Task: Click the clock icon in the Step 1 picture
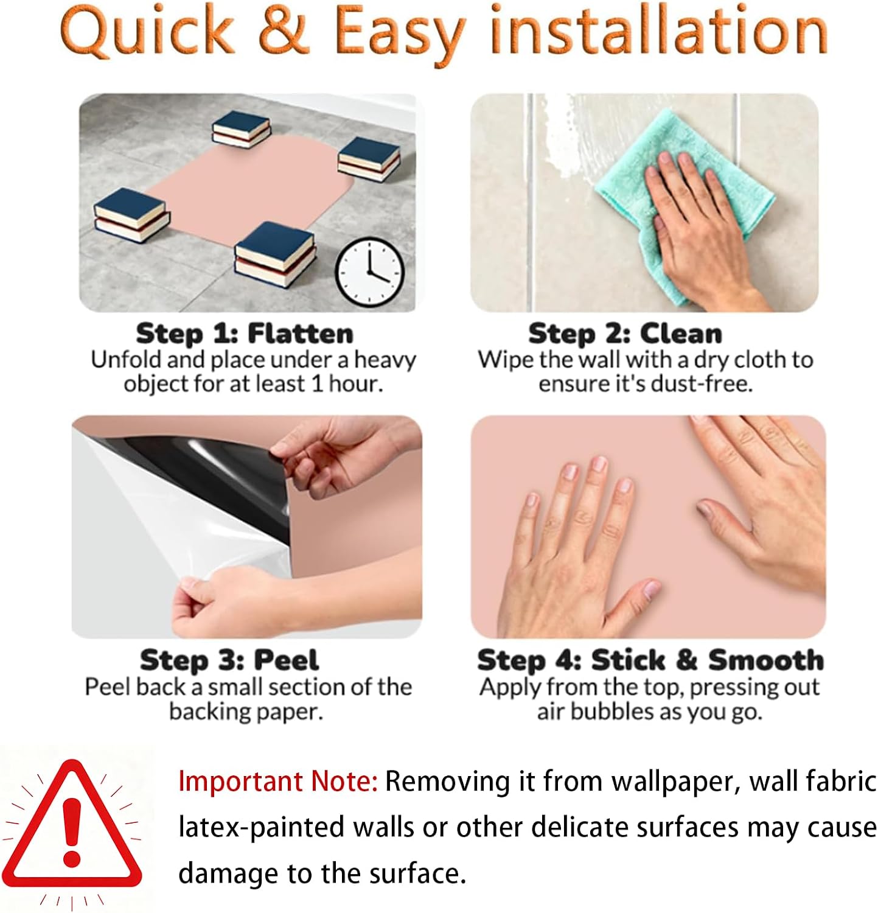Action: pos(371,272)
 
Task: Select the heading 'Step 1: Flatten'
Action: pos(245,334)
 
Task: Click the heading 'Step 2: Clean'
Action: pos(625,334)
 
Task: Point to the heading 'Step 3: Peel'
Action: pos(229,660)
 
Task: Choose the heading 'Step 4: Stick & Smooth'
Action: pos(650,660)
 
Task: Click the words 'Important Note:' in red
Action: pos(278,781)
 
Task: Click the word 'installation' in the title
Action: pos(658,30)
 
